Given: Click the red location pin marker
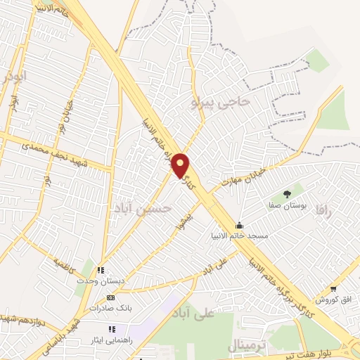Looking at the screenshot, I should [x=181, y=165].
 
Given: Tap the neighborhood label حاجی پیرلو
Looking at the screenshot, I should [x=220, y=102].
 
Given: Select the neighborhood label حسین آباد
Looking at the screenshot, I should [x=142, y=208].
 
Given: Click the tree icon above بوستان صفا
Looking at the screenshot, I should [x=286, y=194].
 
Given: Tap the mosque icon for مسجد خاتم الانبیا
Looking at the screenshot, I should [x=240, y=225].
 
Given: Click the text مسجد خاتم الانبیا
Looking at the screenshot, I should [x=240, y=236].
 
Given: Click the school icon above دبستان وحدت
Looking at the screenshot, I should [x=101, y=269].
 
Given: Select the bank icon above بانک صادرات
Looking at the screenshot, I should [x=110, y=297].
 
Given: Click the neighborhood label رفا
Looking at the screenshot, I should [x=323, y=210].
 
